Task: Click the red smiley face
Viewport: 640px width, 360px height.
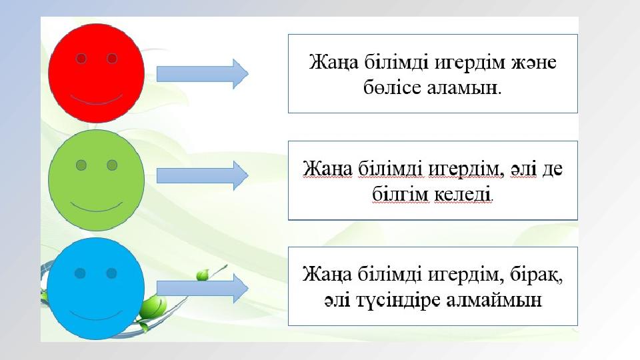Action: [96, 73]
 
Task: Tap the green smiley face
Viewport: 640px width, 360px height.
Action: [96, 180]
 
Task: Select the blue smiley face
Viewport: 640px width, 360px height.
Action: [96, 289]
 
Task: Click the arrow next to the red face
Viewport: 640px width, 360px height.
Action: [203, 74]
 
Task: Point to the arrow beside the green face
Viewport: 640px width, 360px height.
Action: [203, 175]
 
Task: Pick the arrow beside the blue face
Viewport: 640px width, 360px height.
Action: [203, 288]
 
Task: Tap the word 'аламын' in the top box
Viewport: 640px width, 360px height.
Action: [464, 88]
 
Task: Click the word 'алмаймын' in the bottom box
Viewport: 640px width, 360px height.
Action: [494, 301]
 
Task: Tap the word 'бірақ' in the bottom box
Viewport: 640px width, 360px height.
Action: [536, 274]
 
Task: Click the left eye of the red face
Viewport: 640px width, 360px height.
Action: [81, 59]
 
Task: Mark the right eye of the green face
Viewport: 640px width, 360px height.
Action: [112, 165]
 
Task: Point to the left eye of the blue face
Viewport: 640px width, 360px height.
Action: [80, 273]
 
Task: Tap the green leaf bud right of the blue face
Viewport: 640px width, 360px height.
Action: [203, 275]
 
